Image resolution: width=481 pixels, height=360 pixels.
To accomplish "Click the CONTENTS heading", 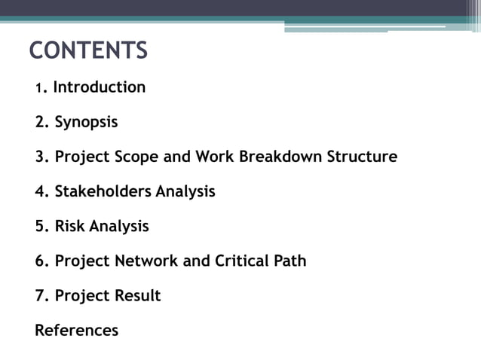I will (x=88, y=51).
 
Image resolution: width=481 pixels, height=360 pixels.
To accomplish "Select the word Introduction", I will (x=99, y=87).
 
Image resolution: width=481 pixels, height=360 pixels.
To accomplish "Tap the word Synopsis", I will (x=86, y=122).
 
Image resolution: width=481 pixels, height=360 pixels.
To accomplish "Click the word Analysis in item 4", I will (x=185, y=192).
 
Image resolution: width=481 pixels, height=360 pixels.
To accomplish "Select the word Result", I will (x=137, y=296).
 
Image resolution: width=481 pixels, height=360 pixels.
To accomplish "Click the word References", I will (x=77, y=331).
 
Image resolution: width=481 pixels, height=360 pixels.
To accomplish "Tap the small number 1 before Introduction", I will (x=38, y=89).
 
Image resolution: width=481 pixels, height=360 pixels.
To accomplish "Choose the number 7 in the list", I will (x=40, y=296).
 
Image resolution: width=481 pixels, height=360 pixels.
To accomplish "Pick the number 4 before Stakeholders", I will (x=40, y=192).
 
